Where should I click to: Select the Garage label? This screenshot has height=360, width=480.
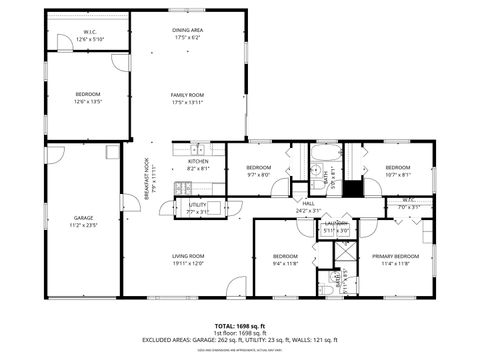pyautogui.click(x=83, y=218)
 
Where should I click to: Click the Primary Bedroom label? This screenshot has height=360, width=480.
pyautogui.click(x=396, y=257)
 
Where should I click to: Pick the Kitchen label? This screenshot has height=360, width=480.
pyautogui.click(x=198, y=161)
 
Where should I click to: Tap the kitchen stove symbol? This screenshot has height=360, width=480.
pyautogui.click(x=182, y=188)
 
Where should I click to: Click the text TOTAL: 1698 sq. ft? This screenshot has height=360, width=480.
pyautogui.click(x=240, y=326)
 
